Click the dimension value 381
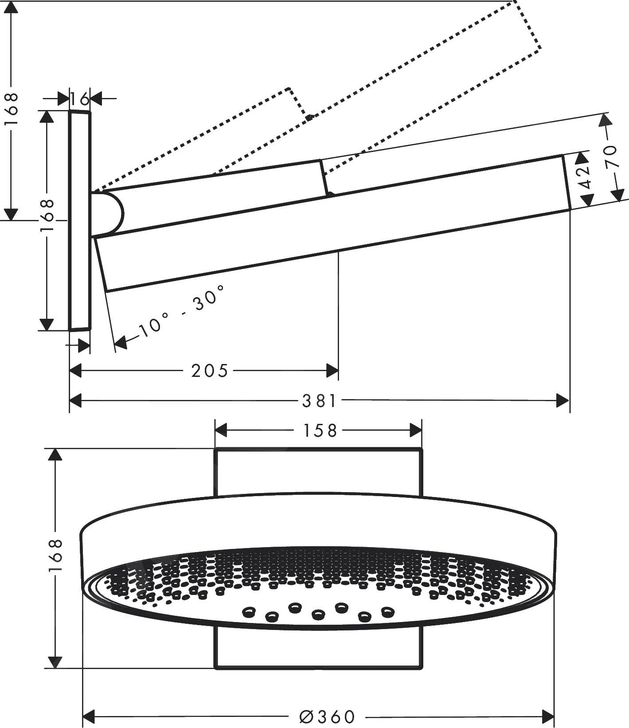(319, 401)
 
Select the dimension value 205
(210, 371)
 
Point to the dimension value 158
(318, 431)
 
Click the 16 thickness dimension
(80, 98)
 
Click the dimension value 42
(586, 177)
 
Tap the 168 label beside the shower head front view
(55, 556)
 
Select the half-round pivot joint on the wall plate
(109, 213)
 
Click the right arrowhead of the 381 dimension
(562, 401)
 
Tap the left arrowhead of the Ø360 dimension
(90, 716)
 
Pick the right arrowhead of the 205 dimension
(332, 371)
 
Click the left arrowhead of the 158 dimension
(221, 430)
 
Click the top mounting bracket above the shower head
(318, 472)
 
